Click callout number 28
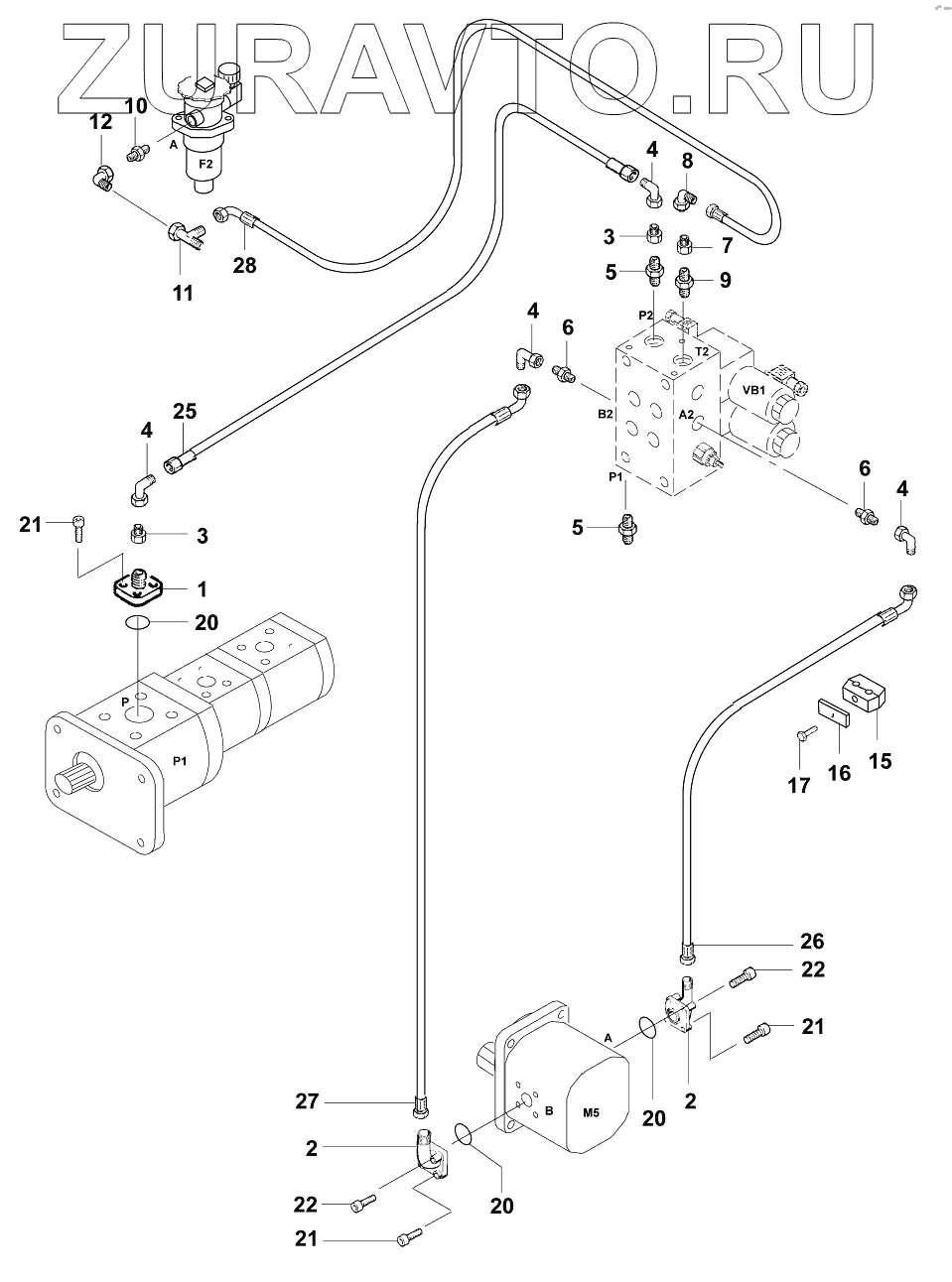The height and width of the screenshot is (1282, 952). pyautogui.click(x=244, y=265)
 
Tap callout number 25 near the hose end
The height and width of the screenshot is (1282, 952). pyautogui.click(x=185, y=412)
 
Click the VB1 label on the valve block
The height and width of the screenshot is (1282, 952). pyautogui.click(x=751, y=389)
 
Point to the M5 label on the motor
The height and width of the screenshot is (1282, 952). pyautogui.click(x=591, y=1112)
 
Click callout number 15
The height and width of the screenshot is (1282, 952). pyautogui.click(x=880, y=761)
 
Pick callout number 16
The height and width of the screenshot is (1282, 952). pyautogui.click(x=840, y=771)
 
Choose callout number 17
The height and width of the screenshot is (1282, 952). pyautogui.click(x=799, y=785)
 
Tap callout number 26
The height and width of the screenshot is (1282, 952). pyautogui.click(x=812, y=941)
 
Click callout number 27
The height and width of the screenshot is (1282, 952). pyautogui.click(x=308, y=1099)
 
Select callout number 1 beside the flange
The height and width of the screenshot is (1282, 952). pyautogui.click(x=203, y=589)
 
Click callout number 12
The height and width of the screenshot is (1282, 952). pyautogui.click(x=101, y=122)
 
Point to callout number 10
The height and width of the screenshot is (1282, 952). pyautogui.click(x=135, y=106)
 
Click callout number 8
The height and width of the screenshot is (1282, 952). pyautogui.click(x=686, y=160)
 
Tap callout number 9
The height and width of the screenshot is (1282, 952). pyautogui.click(x=725, y=280)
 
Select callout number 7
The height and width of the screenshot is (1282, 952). pyautogui.click(x=727, y=244)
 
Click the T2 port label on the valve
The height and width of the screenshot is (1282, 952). pyautogui.click(x=701, y=351)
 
